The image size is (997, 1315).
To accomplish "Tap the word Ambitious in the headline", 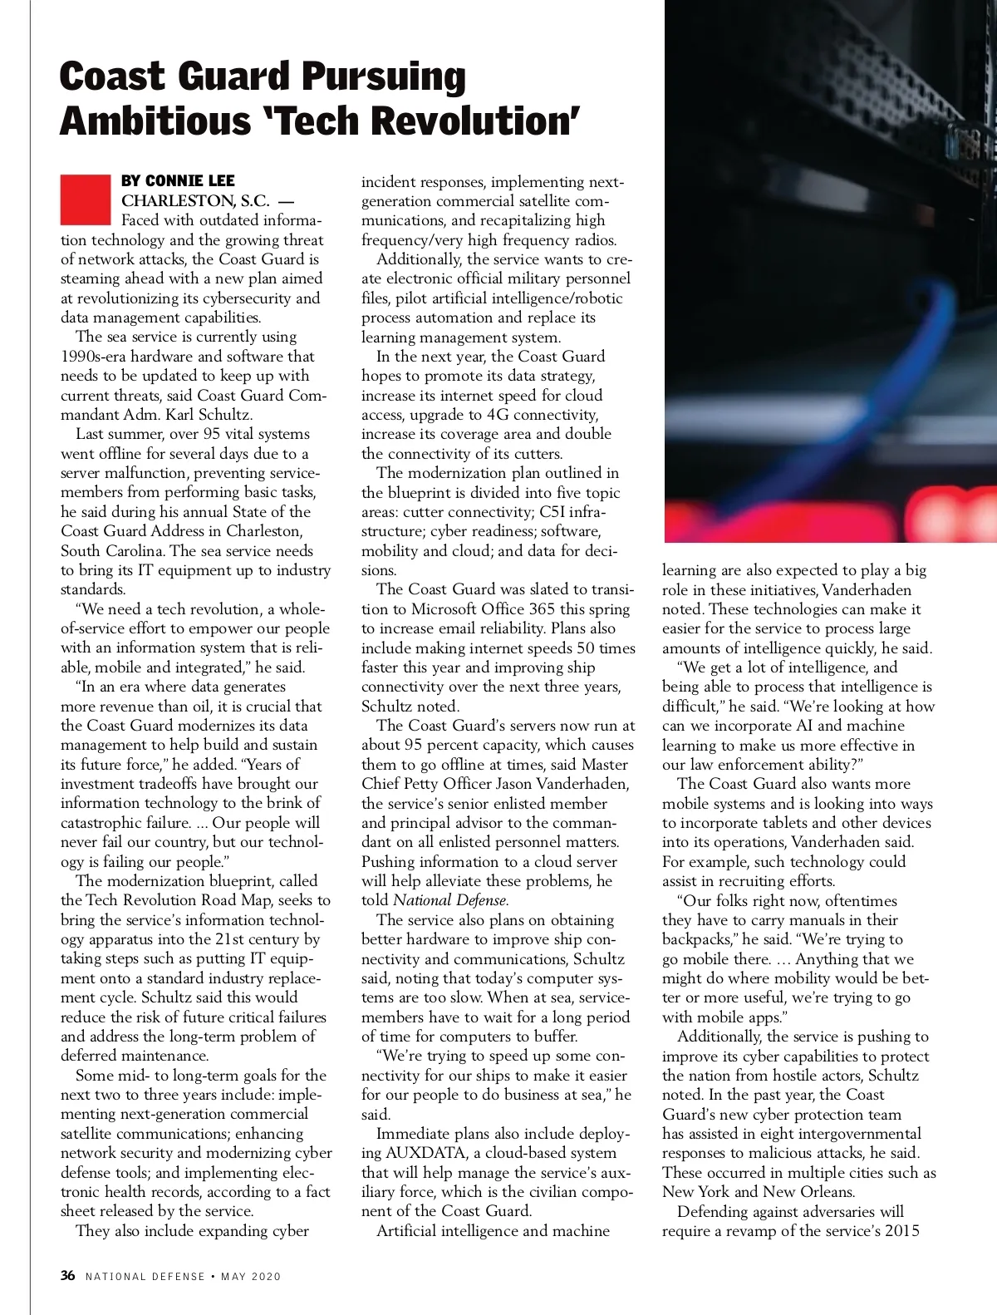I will click(155, 121).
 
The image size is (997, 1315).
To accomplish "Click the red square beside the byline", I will click(86, 199).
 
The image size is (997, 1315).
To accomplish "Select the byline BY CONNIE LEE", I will click(178, 181).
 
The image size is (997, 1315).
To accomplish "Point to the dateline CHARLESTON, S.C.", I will click(195, 201).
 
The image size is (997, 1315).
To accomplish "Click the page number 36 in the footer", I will click(68, 1276).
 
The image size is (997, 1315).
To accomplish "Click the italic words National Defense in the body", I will click(449, 901).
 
